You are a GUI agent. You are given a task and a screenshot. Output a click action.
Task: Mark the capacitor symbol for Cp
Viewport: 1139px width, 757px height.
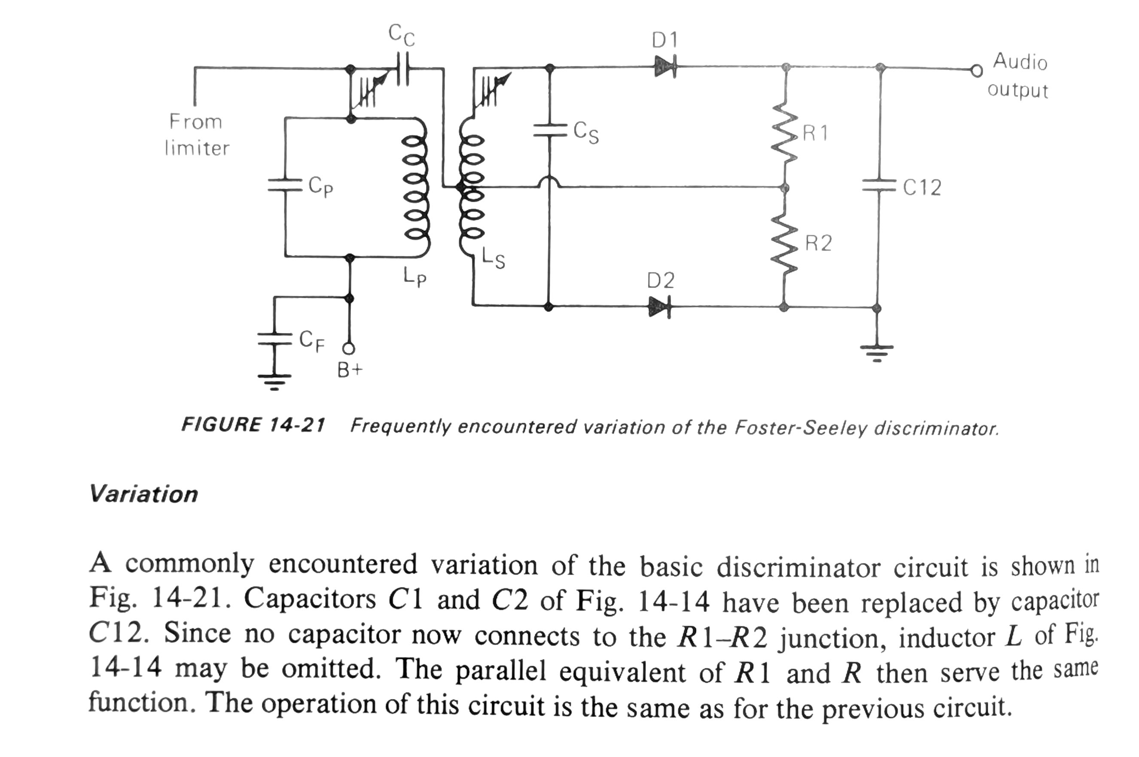point(285,185)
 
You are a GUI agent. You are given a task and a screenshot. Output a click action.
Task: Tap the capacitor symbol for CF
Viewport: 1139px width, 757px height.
point(274,339)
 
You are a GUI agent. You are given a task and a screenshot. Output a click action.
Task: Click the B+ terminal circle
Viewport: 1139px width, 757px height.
point(348,348)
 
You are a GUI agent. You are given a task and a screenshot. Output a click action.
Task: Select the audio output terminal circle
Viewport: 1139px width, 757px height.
point(976,71)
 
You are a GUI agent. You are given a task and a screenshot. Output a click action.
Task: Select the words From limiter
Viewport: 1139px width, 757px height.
point(196,135)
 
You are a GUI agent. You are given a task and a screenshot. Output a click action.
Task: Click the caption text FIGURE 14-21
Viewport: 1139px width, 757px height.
point(253,425)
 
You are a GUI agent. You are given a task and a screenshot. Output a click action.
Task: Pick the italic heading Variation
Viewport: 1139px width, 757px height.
point(143,494)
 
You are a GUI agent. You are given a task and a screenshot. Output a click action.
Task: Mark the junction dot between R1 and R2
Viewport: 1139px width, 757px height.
point(786,187)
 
